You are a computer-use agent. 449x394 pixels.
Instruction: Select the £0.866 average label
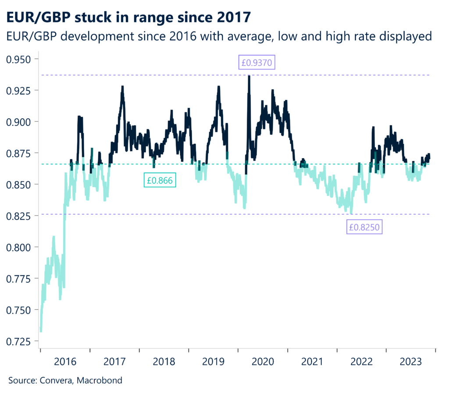coord(160,180)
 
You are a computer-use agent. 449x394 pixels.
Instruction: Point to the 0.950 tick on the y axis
coord(21,59)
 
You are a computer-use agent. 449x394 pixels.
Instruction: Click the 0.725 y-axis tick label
coord(21,341)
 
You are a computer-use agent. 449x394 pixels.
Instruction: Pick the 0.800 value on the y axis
coord(21,247)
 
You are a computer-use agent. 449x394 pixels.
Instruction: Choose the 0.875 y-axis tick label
coord(21,153)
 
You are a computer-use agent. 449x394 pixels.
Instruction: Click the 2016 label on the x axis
coord(65,362)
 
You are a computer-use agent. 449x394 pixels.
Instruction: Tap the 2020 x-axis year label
coord(263,362)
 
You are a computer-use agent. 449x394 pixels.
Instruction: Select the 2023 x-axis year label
coord(411,362)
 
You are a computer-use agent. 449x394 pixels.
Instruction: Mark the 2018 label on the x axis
coord(164,362)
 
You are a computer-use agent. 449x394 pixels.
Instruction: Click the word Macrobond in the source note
coord(100,380)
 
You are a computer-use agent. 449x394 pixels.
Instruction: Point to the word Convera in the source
coord(57,380)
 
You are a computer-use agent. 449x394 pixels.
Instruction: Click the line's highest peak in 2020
coord(249,76)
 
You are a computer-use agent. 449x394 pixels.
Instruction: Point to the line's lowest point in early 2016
coord(40,331)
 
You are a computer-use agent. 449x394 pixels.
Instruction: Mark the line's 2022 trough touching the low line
coord(351,213)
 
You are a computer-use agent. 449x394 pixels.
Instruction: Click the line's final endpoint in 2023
coord(429,158)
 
